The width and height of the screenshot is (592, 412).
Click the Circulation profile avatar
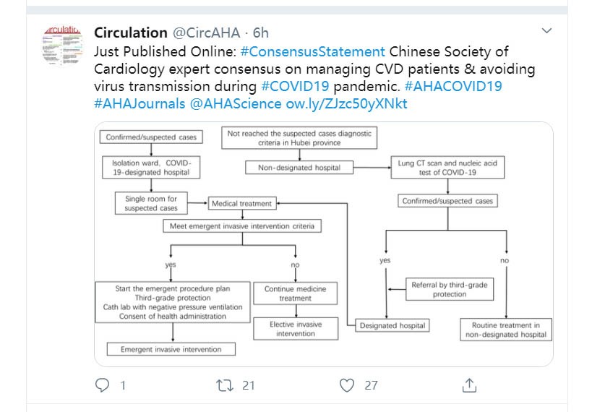click(x=63, y=46)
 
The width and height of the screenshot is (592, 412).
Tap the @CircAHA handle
click(x=207, y=33)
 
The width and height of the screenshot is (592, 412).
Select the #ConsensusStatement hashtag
click(x=313, y=51)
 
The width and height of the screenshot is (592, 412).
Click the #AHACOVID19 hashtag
click(x=453, y=86)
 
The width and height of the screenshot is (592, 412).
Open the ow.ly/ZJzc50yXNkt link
click(x=346, y=103)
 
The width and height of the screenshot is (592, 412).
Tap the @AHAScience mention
click(x=236, y=103)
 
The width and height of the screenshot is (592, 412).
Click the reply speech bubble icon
click(x=103, y=385)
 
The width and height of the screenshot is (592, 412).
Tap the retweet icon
click(x=225, y=385)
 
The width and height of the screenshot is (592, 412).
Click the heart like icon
click(x=347, y=385)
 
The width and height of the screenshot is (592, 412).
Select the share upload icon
click(x=469, y=385)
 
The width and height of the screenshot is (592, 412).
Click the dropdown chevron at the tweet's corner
click(x=546, y=30)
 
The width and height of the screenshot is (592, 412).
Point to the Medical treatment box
click(x=242, y=204)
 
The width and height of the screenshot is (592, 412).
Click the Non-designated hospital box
click(x=299, y=167)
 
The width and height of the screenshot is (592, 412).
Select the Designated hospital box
click(x=392, y=325)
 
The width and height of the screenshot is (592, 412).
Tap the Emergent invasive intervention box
click(x=171, y=349)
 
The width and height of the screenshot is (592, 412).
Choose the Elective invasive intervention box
click(x=296, y=329)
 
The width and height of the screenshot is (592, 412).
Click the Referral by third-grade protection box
click(x=450, y=289)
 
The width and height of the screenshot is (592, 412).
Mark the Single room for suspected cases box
click(x=151, y=203)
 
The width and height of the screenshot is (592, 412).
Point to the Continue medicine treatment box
click(x=295, y=293)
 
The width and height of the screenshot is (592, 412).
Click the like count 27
click(x=371, y=385)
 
